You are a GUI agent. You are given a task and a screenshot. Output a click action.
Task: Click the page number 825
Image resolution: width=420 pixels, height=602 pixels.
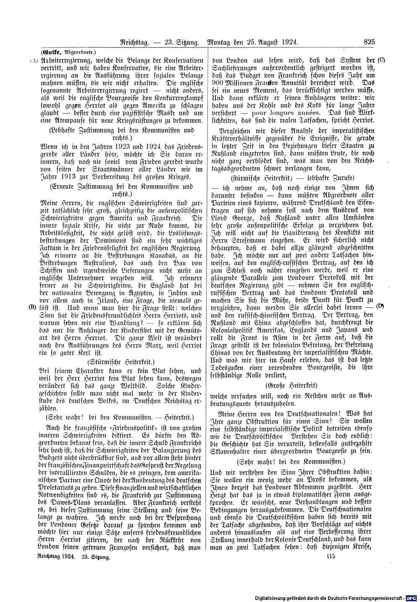click(x=370, y=42)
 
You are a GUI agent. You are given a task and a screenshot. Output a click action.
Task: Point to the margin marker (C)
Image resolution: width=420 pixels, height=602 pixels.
click(x=381, y=60)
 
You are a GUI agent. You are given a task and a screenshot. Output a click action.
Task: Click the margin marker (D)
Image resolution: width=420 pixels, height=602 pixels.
click(x=381, y=306)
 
